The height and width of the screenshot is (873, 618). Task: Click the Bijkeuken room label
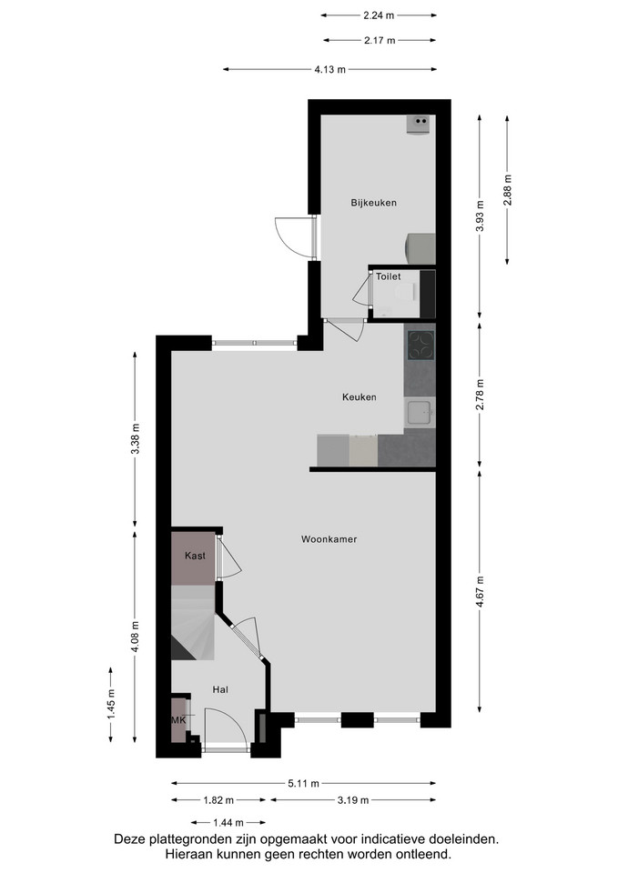tap(373, 203)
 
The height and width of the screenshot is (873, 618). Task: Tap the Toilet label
tap(388, 276)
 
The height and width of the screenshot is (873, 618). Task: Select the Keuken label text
tap(359, 397)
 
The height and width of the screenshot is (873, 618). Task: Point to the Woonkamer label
tap(329, 539)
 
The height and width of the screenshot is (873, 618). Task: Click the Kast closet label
tap(195, 556)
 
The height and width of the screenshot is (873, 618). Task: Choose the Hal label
tap(220, 690)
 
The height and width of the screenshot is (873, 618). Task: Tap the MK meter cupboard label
tap(178, 720)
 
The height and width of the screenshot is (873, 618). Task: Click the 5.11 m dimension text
tap(304, 783)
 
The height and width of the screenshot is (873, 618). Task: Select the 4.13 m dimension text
tap(329, 70)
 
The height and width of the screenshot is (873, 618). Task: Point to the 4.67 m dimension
tap(481, 590)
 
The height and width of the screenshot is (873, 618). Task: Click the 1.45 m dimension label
tap(111, 704)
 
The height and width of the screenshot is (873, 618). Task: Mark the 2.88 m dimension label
tap(507, 190)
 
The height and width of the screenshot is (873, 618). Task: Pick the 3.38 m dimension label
tap(135, 438)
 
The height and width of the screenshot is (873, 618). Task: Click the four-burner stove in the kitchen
tap(421, 346)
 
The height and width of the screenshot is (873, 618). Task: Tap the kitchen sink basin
tap(419, 413)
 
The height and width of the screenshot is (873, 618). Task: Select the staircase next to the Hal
tap(192, 622)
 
